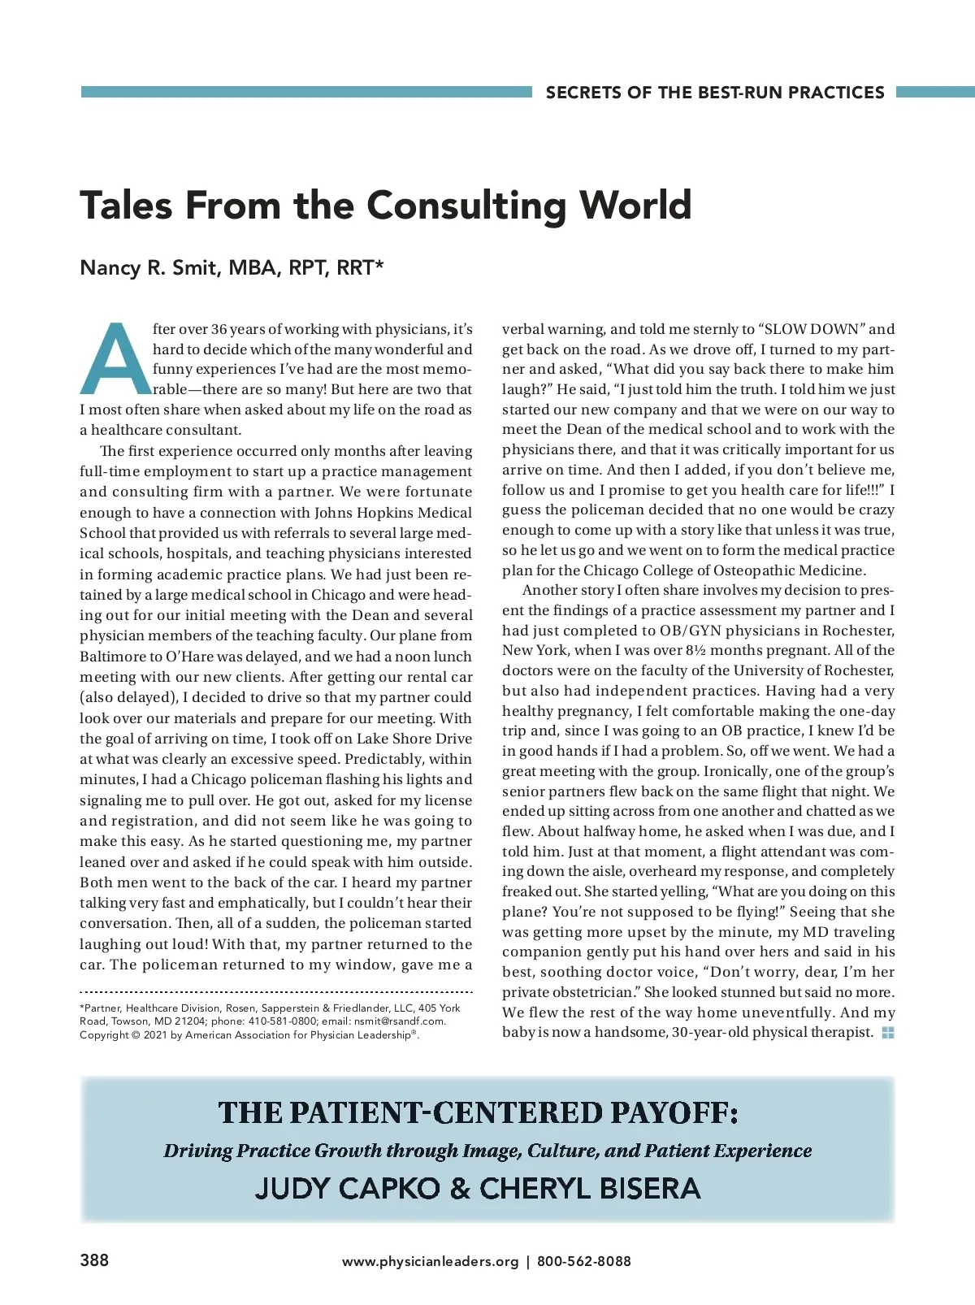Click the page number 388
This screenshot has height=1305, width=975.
tap(94, 1260)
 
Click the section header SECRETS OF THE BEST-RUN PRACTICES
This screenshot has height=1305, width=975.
tap(715, 93)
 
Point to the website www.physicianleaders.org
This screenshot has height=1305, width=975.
tap(430, 1261)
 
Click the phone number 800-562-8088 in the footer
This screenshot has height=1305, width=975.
tap(584, 1261)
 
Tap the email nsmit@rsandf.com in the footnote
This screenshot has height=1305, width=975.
tap(400, 1021)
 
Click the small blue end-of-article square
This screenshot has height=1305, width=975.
tap(888, 1033)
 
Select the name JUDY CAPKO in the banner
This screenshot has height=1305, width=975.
tap(347, 1189)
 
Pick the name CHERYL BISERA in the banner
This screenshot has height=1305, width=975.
tap(590, 1189)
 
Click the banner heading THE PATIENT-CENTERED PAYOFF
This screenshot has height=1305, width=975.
tap(478, 1112)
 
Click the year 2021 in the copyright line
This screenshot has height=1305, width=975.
tap(155, 1035)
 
